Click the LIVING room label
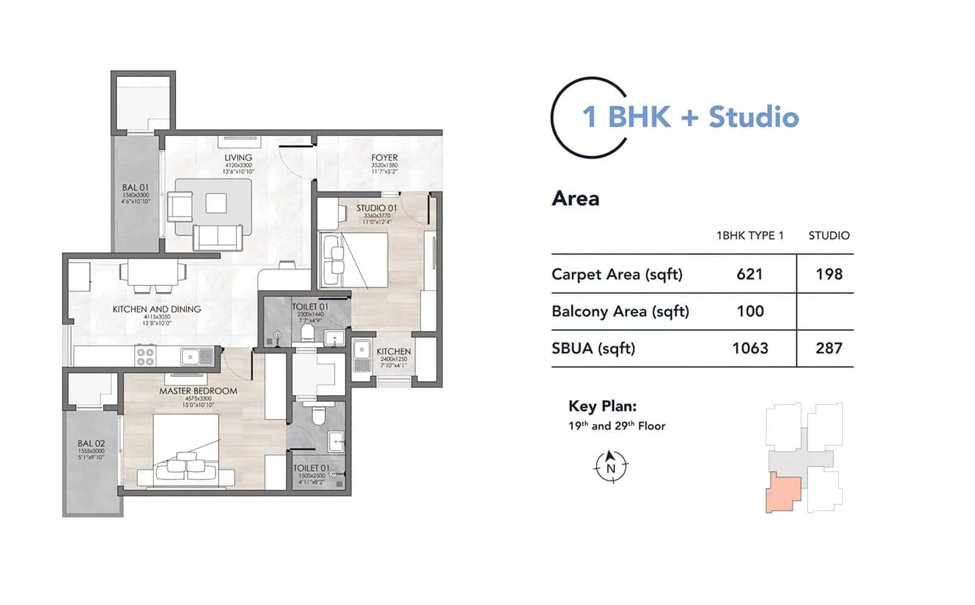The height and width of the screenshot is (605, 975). point(238,158)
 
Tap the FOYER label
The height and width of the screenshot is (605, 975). point(384,158)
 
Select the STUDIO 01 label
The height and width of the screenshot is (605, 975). point(376,208)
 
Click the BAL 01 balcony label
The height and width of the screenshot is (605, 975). point(135,188)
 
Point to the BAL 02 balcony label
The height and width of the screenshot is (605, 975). point(91,443)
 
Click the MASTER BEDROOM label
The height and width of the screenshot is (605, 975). point(198,391)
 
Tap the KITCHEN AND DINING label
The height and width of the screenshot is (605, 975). point(157,309)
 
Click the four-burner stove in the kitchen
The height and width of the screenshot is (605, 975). point(145,357)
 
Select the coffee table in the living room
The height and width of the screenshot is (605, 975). point(216,203)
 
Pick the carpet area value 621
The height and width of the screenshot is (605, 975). point(750,274)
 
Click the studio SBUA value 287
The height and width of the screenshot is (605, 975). point(829,348)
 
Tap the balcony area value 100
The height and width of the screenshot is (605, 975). point(750,312)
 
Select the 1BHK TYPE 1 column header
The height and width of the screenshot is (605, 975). point(750,235)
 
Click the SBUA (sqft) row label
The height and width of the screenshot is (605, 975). point(593,348)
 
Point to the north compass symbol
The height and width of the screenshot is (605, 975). point(611,467)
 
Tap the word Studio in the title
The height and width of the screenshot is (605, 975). point(753,117)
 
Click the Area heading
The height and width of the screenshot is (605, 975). point(575,199)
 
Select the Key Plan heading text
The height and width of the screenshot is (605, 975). point(602,406)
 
